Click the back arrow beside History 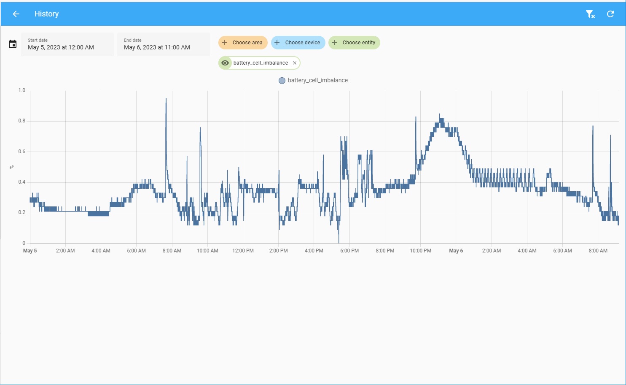click(16, 14)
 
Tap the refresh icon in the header click(610, 14)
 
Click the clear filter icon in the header click(590, 14)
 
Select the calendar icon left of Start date click(13, 44)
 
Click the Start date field click(67, 44)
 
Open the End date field click(164, 44)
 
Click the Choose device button click(298, 43)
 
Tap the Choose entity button click(354, 43)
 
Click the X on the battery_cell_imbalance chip click(295, 63)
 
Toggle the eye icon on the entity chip click(225, 63)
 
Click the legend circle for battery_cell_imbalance click(282, 81)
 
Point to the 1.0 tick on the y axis click(22, 90)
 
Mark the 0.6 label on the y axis click(22, 152)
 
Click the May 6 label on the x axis click(456, 251)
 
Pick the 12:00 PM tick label click(243, 251)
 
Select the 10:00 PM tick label click(420, 251)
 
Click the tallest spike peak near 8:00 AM click(166, 99)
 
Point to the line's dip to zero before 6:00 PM click(339, 242)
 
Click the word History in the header click(46, 14)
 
